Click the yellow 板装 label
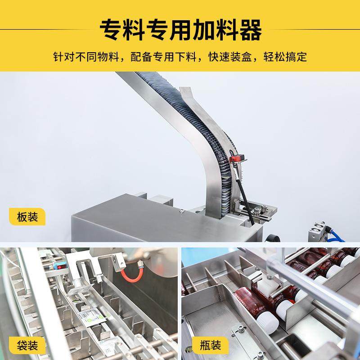pyautogui.click(x=27, y=216)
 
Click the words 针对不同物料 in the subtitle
pyautogui.click(x=85, y=57)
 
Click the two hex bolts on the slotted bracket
pyautogui.click(x=260, y=209)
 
